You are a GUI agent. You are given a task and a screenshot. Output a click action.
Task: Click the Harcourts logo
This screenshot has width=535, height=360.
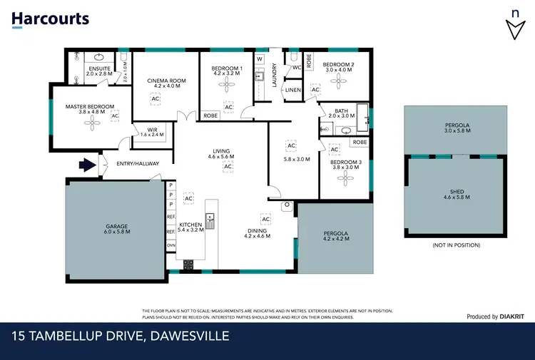50,19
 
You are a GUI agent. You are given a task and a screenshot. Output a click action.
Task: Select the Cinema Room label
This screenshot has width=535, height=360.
166,81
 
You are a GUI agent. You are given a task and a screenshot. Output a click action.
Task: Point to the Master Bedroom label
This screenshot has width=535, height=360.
89,107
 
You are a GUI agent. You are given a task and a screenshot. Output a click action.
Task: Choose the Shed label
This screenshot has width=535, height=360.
457,192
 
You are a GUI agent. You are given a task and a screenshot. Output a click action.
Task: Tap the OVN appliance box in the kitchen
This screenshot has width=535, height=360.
171,245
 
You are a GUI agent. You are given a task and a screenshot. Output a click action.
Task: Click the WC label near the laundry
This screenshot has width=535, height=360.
296,68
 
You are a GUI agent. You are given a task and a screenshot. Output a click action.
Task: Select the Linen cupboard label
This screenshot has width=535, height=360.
293,91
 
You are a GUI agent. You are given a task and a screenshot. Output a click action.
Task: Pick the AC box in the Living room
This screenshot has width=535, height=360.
228,166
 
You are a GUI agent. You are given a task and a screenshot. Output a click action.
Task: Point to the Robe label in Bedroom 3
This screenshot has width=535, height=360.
360,143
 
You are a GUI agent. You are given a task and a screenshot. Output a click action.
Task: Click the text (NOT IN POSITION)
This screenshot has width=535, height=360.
457,245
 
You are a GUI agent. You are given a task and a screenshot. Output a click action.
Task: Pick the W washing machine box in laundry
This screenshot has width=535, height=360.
260,58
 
